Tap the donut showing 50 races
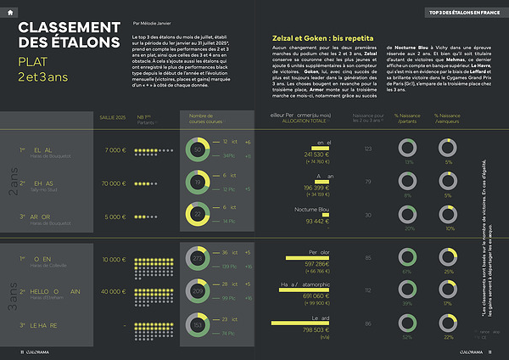[198, 150]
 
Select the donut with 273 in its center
[198, 258]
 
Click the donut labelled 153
[198, 324]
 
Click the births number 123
[368, 149]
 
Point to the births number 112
[368, 290]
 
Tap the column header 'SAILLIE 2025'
[113, 116]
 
